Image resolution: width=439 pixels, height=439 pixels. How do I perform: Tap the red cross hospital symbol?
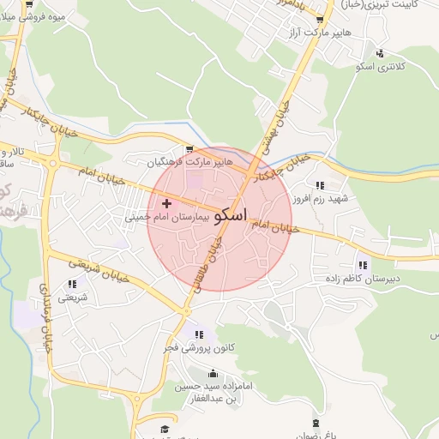[x=166, y=204]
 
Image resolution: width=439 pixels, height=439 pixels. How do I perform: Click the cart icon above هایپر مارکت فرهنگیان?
[x=189, y=148]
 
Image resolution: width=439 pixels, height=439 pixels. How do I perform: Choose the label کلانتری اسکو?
[x=402, y=65]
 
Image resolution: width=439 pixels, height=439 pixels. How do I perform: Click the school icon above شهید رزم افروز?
[x=320, y=184]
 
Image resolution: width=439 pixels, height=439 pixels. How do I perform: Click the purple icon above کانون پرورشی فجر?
[x=199, y=334]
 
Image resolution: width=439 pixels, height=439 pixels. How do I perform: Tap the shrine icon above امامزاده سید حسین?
[x=213, y=374]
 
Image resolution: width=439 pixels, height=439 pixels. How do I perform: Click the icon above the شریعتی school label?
[x=71, y=284]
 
